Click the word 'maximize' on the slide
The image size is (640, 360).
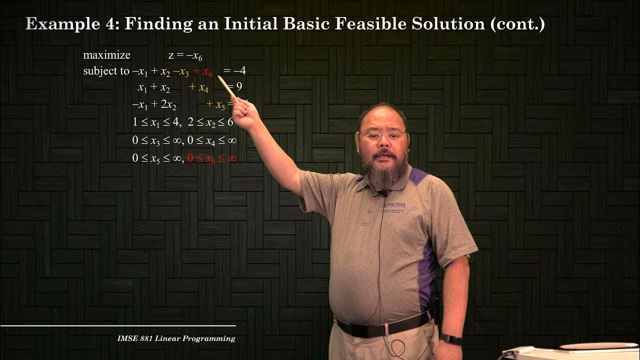coord(106,55)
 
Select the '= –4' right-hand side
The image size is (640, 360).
coord(234,71)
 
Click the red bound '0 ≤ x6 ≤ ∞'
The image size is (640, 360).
coord(211,158)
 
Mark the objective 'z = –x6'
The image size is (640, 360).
coord(185,56)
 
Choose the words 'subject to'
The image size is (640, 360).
coord(106,71)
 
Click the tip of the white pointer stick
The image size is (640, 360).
coord(218,76)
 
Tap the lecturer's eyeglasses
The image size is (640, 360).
coord(383,135)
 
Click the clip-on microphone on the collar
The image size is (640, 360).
coord(384,193)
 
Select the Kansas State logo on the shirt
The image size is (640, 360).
coord(394,205)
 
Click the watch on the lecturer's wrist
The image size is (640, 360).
coord(451,340)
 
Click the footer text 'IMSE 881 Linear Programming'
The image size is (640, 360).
coord(176,338)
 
